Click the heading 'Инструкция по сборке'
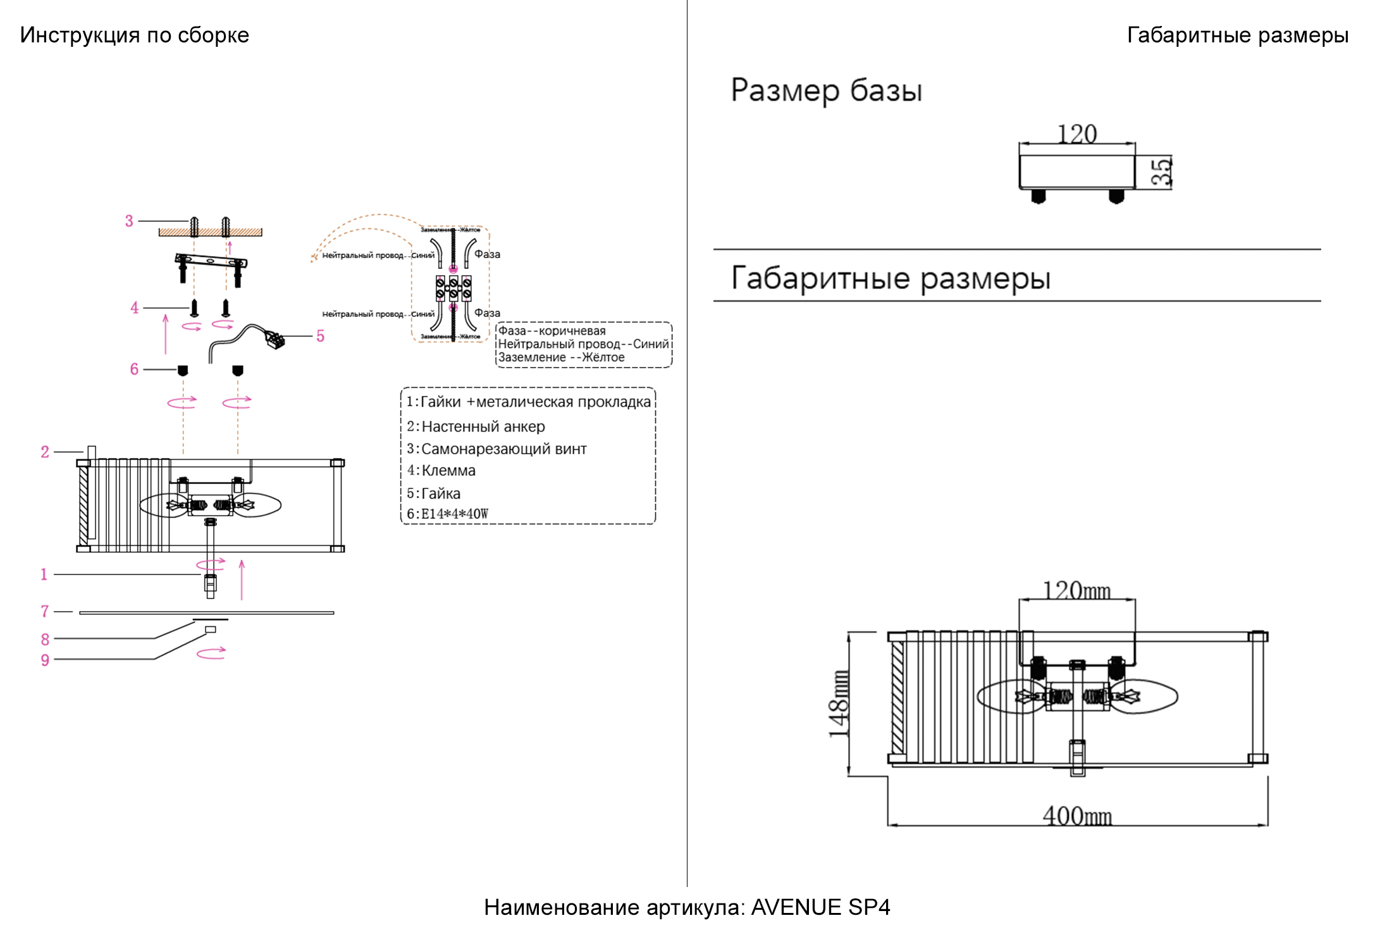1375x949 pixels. (134, 35)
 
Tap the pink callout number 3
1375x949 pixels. (129, 221)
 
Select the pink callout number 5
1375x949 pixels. (321, 336)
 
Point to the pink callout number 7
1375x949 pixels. (45, 611)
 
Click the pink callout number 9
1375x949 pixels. (45, 660)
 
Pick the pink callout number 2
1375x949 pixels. (45, 452)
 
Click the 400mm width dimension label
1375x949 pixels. (1077, 816)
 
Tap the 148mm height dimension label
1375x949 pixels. (839, 703)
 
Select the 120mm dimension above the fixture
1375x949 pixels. (1076, 590)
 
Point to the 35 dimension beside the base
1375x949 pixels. (1161, 171)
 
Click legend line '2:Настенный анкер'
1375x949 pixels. (476, 426)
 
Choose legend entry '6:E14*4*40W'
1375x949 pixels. (447, 514)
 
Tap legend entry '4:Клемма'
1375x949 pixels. (441, 470)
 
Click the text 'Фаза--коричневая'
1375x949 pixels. (552, 331)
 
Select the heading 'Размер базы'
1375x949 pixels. (826, 90)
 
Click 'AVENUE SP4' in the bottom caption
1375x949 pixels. (820, 907)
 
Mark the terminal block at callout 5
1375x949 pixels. (275, 340)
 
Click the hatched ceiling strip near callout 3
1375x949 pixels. (210, 232)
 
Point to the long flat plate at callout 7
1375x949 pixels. (206, 612)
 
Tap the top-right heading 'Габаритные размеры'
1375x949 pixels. (1237, 35)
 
